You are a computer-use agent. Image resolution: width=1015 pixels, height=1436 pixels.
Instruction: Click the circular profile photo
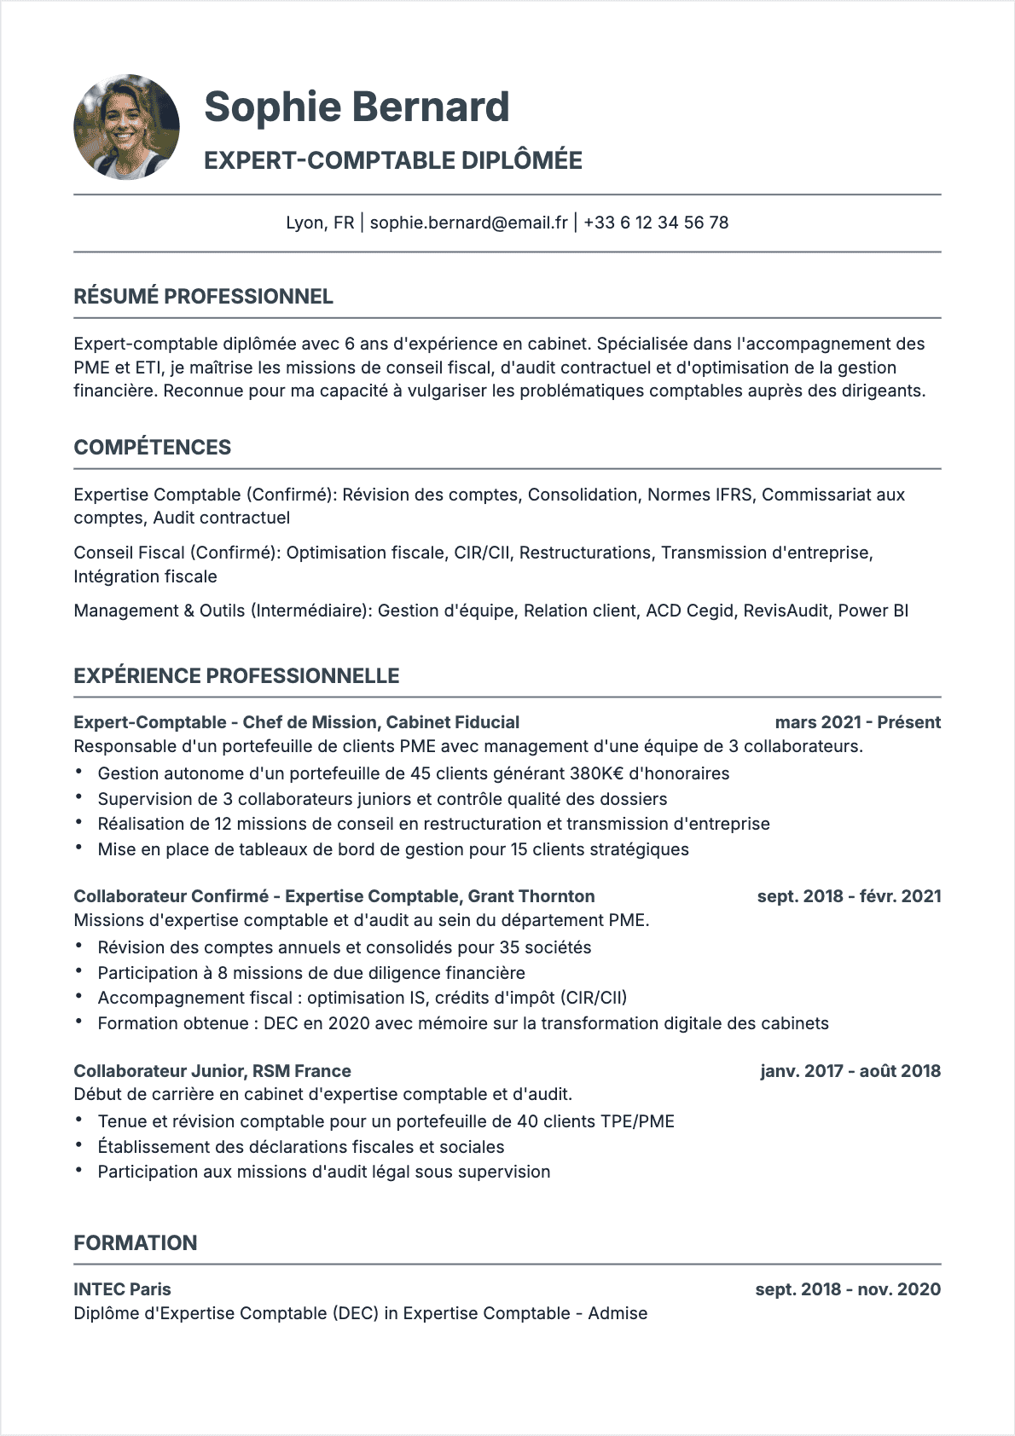127,127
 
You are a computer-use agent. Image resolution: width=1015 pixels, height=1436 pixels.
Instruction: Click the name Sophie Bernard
357,107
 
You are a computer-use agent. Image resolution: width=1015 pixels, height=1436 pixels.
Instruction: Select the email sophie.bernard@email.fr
468,223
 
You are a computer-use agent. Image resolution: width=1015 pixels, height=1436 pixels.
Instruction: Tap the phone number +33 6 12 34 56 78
656,223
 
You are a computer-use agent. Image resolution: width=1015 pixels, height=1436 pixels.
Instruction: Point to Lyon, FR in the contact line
320,223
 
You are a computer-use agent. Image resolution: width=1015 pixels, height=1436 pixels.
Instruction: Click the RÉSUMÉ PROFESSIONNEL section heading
203,297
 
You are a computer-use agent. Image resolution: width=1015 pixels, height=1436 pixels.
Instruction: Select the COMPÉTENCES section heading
152,448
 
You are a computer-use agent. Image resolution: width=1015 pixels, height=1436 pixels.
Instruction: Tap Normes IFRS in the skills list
699,495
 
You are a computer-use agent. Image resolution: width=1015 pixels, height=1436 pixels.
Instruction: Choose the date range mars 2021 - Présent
857,722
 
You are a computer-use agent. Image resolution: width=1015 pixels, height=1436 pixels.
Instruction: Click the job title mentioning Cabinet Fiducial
296,722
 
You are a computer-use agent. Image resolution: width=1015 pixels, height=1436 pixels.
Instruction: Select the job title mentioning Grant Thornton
333,896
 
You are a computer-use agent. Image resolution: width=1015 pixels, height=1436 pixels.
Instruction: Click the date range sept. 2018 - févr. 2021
849,896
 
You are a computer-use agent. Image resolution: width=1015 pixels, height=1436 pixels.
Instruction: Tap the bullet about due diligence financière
311,973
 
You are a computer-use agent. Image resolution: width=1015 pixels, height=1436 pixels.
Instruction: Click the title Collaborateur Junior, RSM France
212,1071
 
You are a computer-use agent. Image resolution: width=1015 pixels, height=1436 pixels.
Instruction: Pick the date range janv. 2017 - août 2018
850,1071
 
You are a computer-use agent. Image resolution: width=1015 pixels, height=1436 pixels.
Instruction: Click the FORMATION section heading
135,1243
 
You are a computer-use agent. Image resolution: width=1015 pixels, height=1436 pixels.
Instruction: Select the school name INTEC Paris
122,1289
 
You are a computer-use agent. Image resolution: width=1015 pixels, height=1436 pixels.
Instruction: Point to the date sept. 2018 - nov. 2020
848,1289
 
